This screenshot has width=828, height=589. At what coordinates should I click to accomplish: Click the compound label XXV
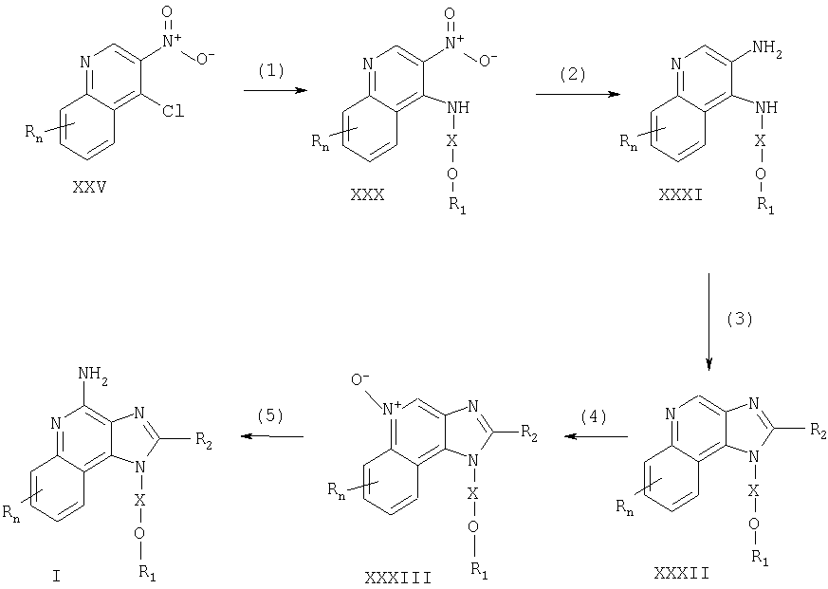[89, 187]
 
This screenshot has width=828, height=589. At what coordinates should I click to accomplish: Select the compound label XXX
[368, 195]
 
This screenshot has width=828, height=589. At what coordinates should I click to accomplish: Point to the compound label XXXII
[681, 573]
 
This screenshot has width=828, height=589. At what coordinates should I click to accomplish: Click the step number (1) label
[271, 70]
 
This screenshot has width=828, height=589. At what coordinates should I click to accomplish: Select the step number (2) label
[573, 74]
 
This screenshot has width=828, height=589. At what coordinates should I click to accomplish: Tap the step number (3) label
[739, 319]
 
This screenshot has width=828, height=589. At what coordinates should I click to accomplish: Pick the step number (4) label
[594, 416]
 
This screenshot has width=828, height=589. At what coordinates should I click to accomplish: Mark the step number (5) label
[270, 415]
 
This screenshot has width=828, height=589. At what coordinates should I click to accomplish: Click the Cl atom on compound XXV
[174, 111]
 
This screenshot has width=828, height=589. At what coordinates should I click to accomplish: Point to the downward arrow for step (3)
[708, 322]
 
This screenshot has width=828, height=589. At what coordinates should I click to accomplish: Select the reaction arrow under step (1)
[275, 91]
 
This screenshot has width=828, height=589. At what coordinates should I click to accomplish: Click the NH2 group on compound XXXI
[766, 48]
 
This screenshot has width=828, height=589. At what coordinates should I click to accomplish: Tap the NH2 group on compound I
[92, 374]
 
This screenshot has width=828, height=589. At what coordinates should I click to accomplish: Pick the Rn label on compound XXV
[33, 132]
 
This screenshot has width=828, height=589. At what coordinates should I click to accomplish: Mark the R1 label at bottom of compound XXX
[458, 205]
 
